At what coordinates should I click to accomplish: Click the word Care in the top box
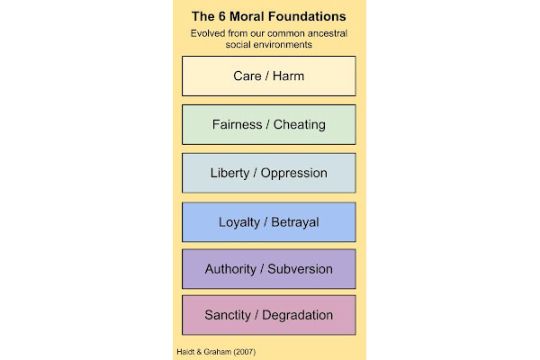click(247, 76)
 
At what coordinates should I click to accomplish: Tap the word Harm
click(288, 76)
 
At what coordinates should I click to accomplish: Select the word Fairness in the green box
click(237, 124)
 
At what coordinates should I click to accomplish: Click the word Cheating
click(300, 125)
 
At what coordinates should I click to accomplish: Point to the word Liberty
click(229, 174)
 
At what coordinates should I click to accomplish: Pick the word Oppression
click(293, 173)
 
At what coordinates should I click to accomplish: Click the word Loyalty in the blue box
click(239, 222)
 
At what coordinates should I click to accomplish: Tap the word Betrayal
click(295, 222)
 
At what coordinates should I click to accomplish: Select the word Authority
click(230, 269)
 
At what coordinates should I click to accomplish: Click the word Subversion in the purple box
click(301, 269)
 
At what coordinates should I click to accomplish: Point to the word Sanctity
click(228, 315)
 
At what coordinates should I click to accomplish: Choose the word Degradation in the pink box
click(298, 315)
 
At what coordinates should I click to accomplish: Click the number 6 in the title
click(221, 16)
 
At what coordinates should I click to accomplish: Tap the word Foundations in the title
click(307, 16)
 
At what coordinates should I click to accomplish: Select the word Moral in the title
click(247, 16)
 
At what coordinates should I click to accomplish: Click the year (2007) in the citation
click(245, 352)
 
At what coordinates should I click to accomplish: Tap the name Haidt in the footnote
click(185, 352)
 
